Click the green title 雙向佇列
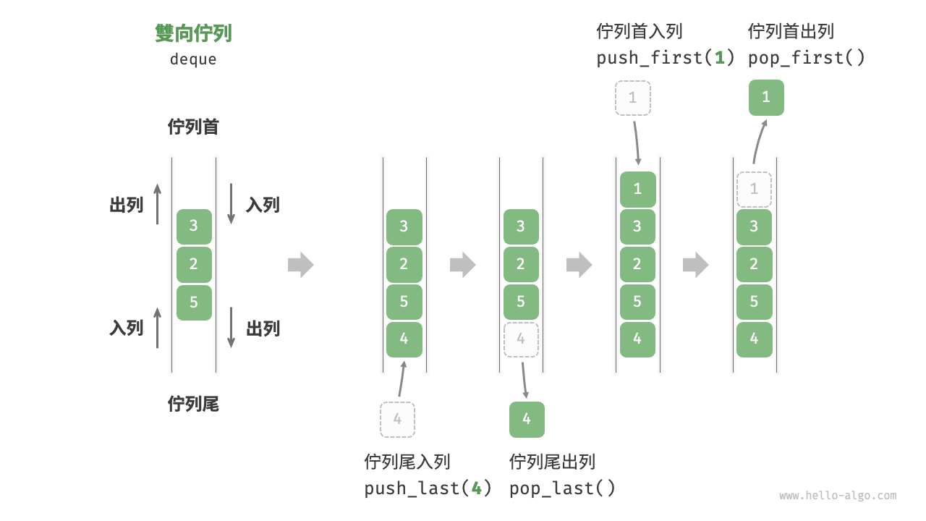tap(193, 33)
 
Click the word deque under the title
tap(193, 59)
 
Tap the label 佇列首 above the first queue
tap(193, 127)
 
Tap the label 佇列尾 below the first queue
tap(193, 404)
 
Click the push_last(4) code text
tap(428, 488)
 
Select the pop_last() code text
tap(562, 488)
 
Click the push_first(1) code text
tap(666, 58)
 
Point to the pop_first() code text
tap(807, 58)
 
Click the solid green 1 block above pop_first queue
tap(766, 98)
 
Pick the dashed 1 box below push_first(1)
tap(633, 98)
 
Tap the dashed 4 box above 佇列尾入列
tap(397, 419)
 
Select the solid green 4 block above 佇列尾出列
tap(527, 419)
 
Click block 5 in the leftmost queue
tap(194, 302)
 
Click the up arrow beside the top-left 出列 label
tap(157, 203)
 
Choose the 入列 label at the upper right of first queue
tap(263, 205)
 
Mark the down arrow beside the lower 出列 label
tap(231, 328)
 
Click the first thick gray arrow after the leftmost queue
tap(301, 265)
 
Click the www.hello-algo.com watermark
tap(838, 496)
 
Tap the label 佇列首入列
tap(640, 32)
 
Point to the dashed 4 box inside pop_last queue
tap(521, 339)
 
